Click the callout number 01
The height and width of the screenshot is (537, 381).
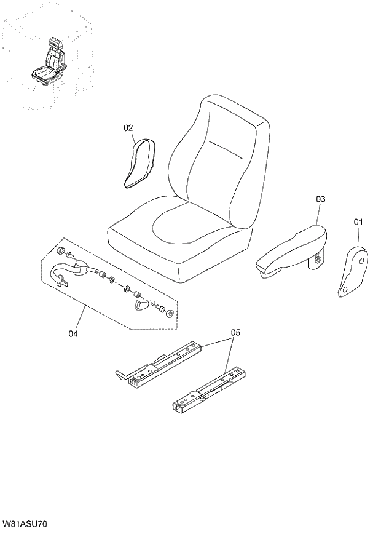(358, 221)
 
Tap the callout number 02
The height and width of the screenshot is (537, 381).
(128, 128)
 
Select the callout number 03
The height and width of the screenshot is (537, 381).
(320, 199)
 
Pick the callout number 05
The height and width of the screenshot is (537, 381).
(235, 333)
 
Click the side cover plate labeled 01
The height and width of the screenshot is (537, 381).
(353, 271)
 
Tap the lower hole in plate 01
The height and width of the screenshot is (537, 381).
(346, 287)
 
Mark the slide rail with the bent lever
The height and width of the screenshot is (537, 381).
(163, 365)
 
